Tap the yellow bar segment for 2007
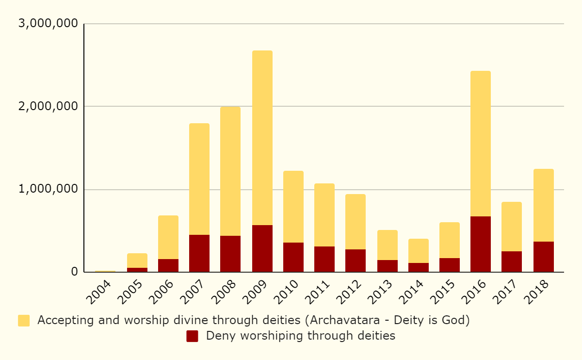[x=199, y=179]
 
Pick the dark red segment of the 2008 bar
[x=230, y=254]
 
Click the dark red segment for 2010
[x=293, y=257]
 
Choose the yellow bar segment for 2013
[x=388, y=245]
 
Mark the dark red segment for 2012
[x=356, y=261]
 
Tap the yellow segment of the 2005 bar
[x=137, y=261]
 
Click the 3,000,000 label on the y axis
[x=47, y=24]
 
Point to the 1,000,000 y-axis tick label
[x=47, y=189]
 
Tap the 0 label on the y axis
[x=74, y=272]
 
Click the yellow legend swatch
[x=24, y=321]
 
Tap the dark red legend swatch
[x=192, y=336]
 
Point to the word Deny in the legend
[x=218, y=336]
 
